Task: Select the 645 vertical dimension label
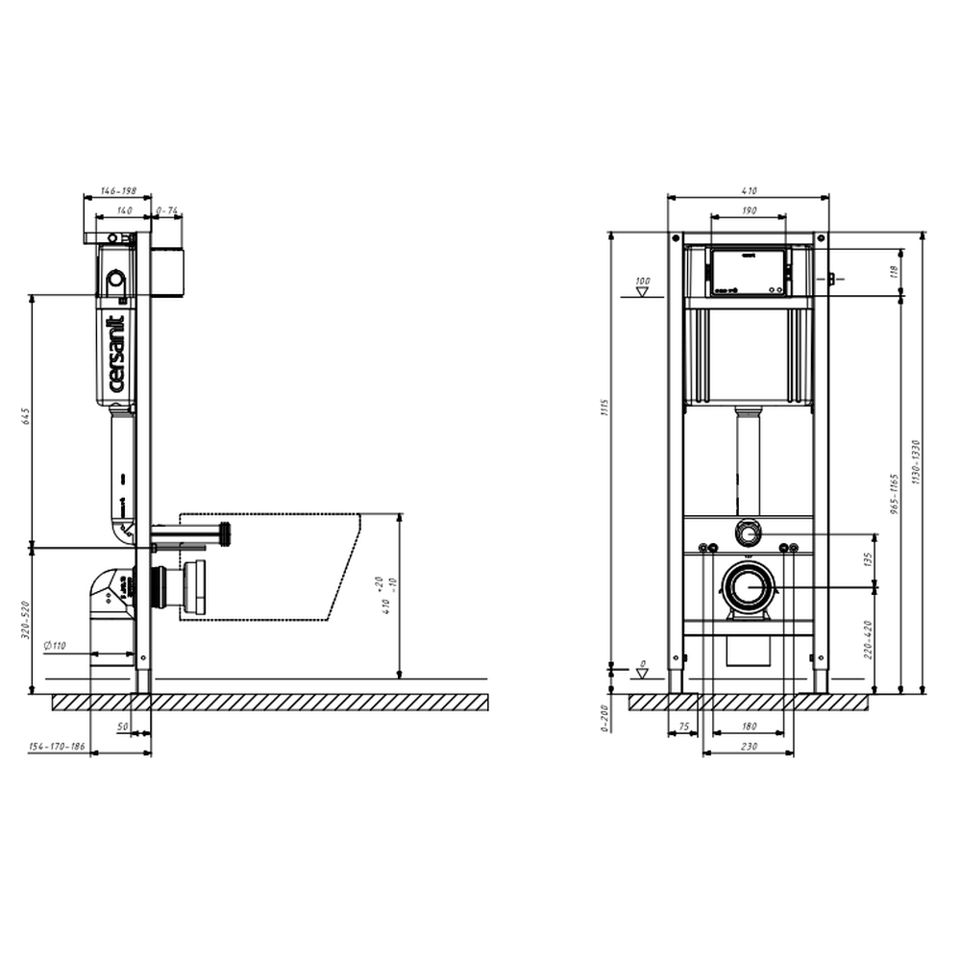coord(27,416)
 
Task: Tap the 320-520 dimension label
coord(27,621)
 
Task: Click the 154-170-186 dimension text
coord(57,747)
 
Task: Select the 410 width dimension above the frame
coord(749,191)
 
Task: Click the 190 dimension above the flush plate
coord(749,210)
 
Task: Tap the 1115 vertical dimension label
coord(604,407)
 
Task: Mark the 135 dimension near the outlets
coord(869,558)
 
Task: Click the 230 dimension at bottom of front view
coord(749,747)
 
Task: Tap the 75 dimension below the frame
coord(683,727)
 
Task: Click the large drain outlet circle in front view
coord(748,586)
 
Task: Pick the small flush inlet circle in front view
coord(748,531)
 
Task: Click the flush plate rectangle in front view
coord(749,271)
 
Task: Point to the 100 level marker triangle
coord(643,289)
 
